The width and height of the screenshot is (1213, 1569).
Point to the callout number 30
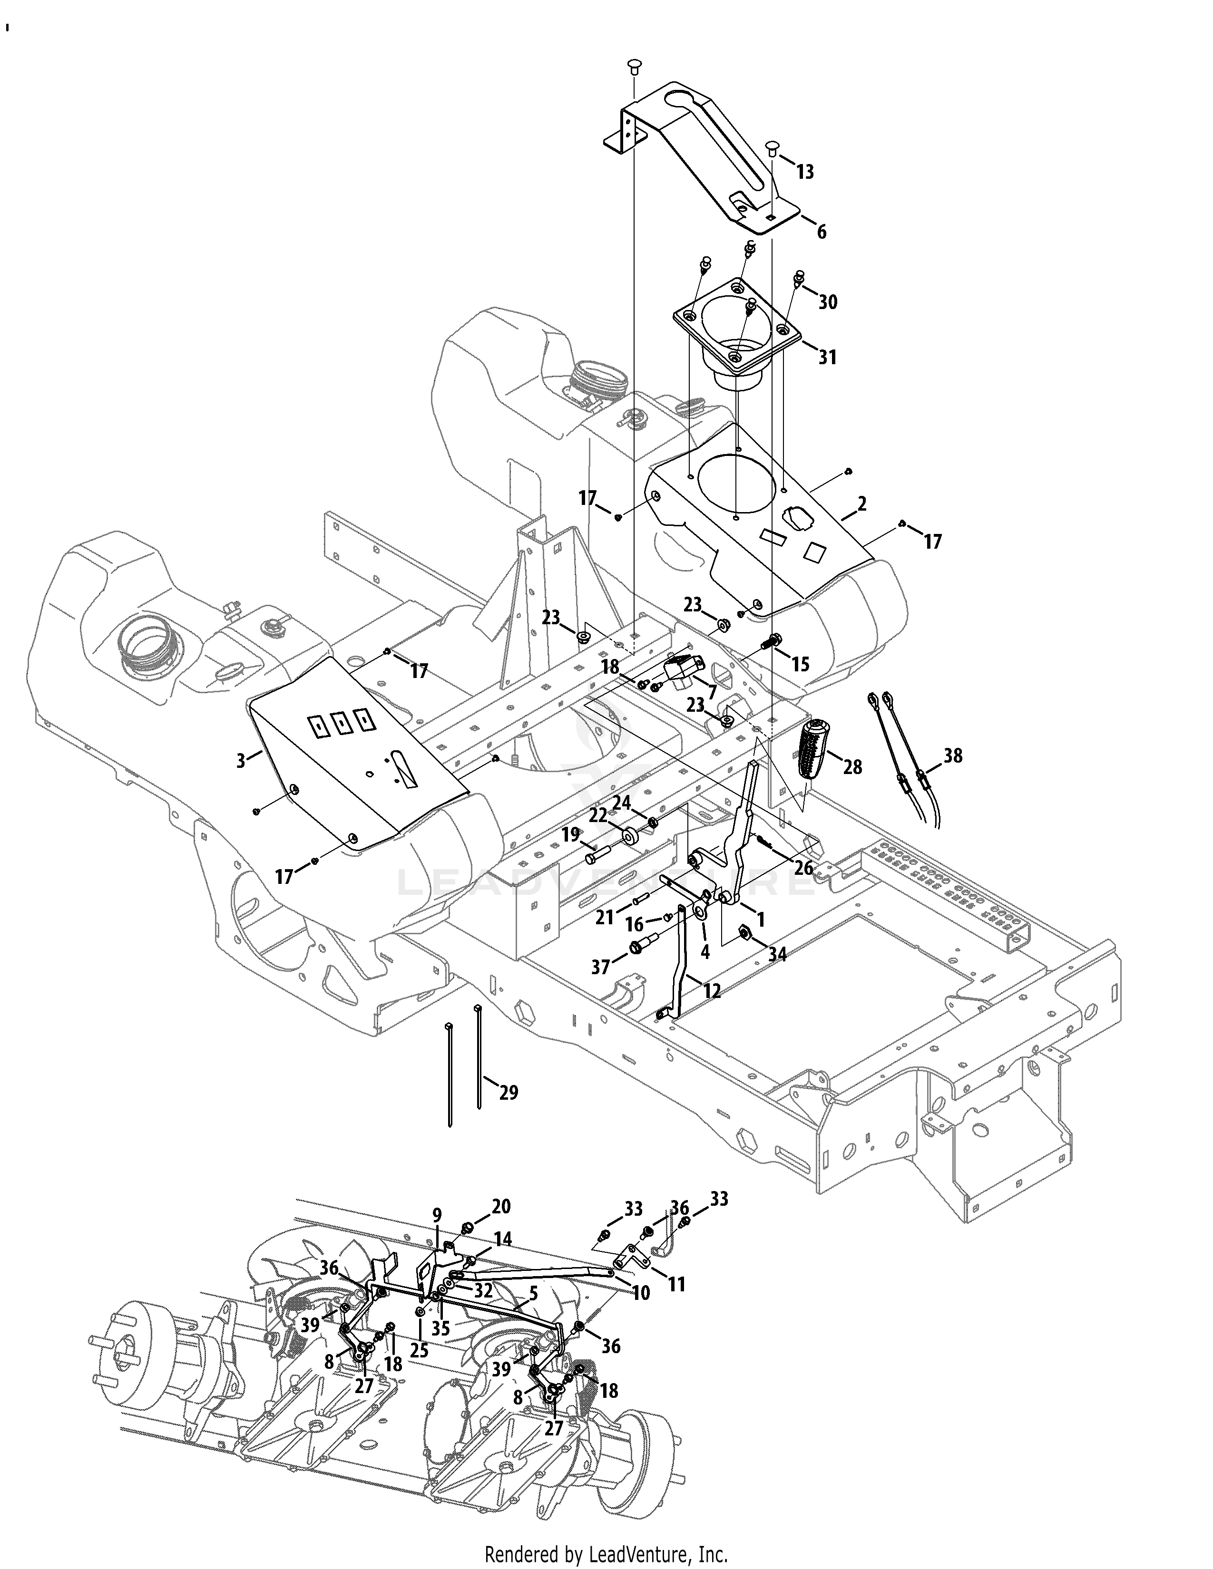point(828,302)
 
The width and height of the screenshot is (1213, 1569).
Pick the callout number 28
point(852,767)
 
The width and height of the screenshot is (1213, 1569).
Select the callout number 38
point(953,756)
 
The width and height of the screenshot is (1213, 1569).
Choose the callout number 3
point(242,759)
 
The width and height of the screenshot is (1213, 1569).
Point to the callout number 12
point(712,991)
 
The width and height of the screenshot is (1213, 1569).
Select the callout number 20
point(501,1206)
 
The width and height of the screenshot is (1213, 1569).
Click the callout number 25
point(419,1351)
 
